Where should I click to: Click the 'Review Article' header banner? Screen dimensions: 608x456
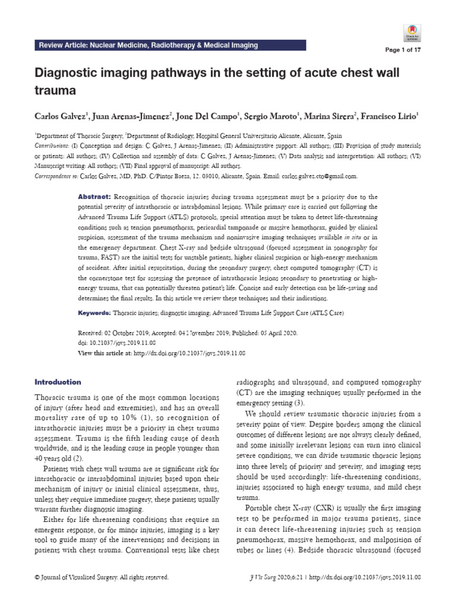[148, 45]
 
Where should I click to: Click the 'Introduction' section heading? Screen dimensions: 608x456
[58, 382]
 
